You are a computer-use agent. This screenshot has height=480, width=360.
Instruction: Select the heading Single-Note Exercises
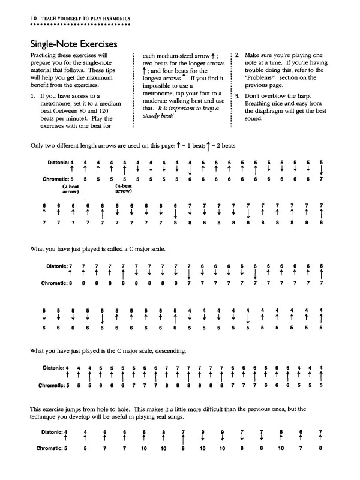pos(73,46)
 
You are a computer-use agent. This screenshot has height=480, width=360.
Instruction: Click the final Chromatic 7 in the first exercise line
pos(322,179)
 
